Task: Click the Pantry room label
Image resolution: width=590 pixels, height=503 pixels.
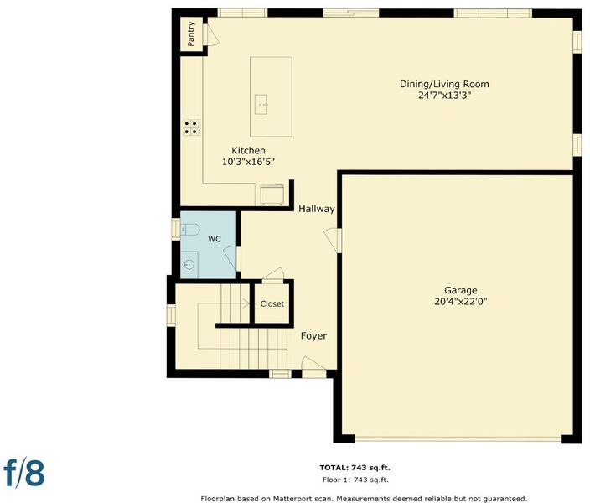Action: [191, 34]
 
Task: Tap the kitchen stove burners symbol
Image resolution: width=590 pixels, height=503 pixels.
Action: [192, 127]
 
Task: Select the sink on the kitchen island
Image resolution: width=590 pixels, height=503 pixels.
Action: [261, 104]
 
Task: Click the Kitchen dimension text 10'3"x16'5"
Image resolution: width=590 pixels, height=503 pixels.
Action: [248, 162]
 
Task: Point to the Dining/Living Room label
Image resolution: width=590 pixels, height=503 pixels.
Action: [444, 84]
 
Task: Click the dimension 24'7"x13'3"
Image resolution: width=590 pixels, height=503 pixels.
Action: [445, 96]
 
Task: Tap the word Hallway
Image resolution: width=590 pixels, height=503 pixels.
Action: [317, 209]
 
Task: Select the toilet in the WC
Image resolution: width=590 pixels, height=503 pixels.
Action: [190, 230]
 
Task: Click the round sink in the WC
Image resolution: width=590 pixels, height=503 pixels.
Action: [189, 265]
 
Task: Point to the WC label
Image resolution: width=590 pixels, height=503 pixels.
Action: [214, 239]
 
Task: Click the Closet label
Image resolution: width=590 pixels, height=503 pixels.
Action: [272, 303]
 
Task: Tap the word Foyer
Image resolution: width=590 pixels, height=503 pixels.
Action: [313, 336]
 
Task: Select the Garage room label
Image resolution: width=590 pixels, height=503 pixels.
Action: [461, 290]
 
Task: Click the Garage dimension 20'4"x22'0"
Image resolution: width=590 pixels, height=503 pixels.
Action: [461, 302]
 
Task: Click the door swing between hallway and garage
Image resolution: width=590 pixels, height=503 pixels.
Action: [331, 240]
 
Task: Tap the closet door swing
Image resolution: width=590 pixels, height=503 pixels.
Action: [273, 274]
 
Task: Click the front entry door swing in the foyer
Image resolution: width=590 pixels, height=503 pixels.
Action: [313, 363]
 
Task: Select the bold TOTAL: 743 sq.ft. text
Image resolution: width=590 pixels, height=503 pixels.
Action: [355, 468]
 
